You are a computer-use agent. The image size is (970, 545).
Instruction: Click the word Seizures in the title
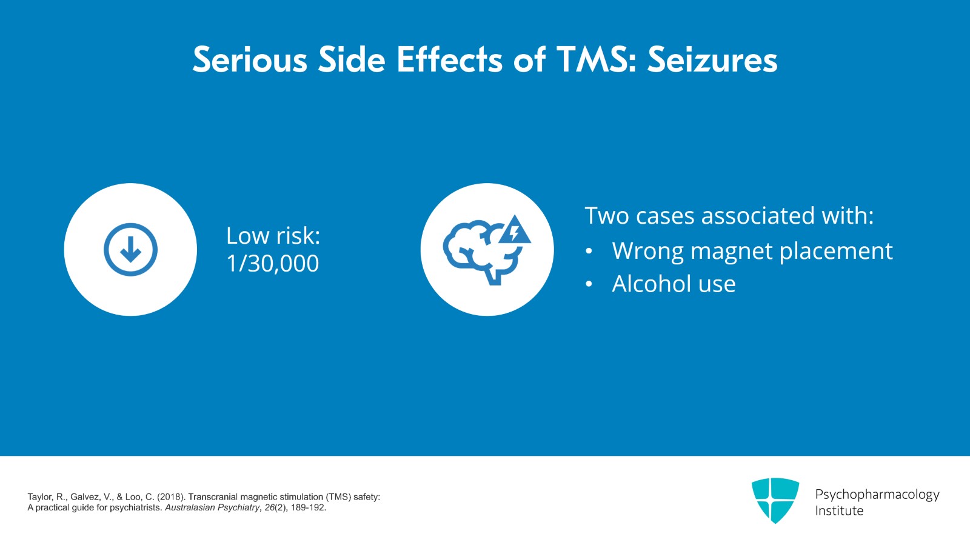(712, 60)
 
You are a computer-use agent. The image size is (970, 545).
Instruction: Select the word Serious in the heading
(250, 60)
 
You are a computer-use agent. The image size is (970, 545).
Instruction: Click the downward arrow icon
(130, 249)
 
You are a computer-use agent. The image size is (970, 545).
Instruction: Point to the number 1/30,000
(272, 263)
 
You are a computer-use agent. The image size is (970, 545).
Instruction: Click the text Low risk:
(273, 235)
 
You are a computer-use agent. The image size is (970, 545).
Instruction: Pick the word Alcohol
(651, 284)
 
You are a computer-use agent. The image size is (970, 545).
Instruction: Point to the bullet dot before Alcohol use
(589, 284)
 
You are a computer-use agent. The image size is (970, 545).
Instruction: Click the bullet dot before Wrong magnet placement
(589, 252)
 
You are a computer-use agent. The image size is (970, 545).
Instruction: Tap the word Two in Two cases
(607, 216)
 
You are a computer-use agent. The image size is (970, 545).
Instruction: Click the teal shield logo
(775, 500)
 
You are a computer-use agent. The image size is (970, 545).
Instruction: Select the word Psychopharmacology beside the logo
(877, 494)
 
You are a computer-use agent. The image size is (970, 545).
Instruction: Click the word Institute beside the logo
(839, 510)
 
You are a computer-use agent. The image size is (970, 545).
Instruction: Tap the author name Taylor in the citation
(40, 497)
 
